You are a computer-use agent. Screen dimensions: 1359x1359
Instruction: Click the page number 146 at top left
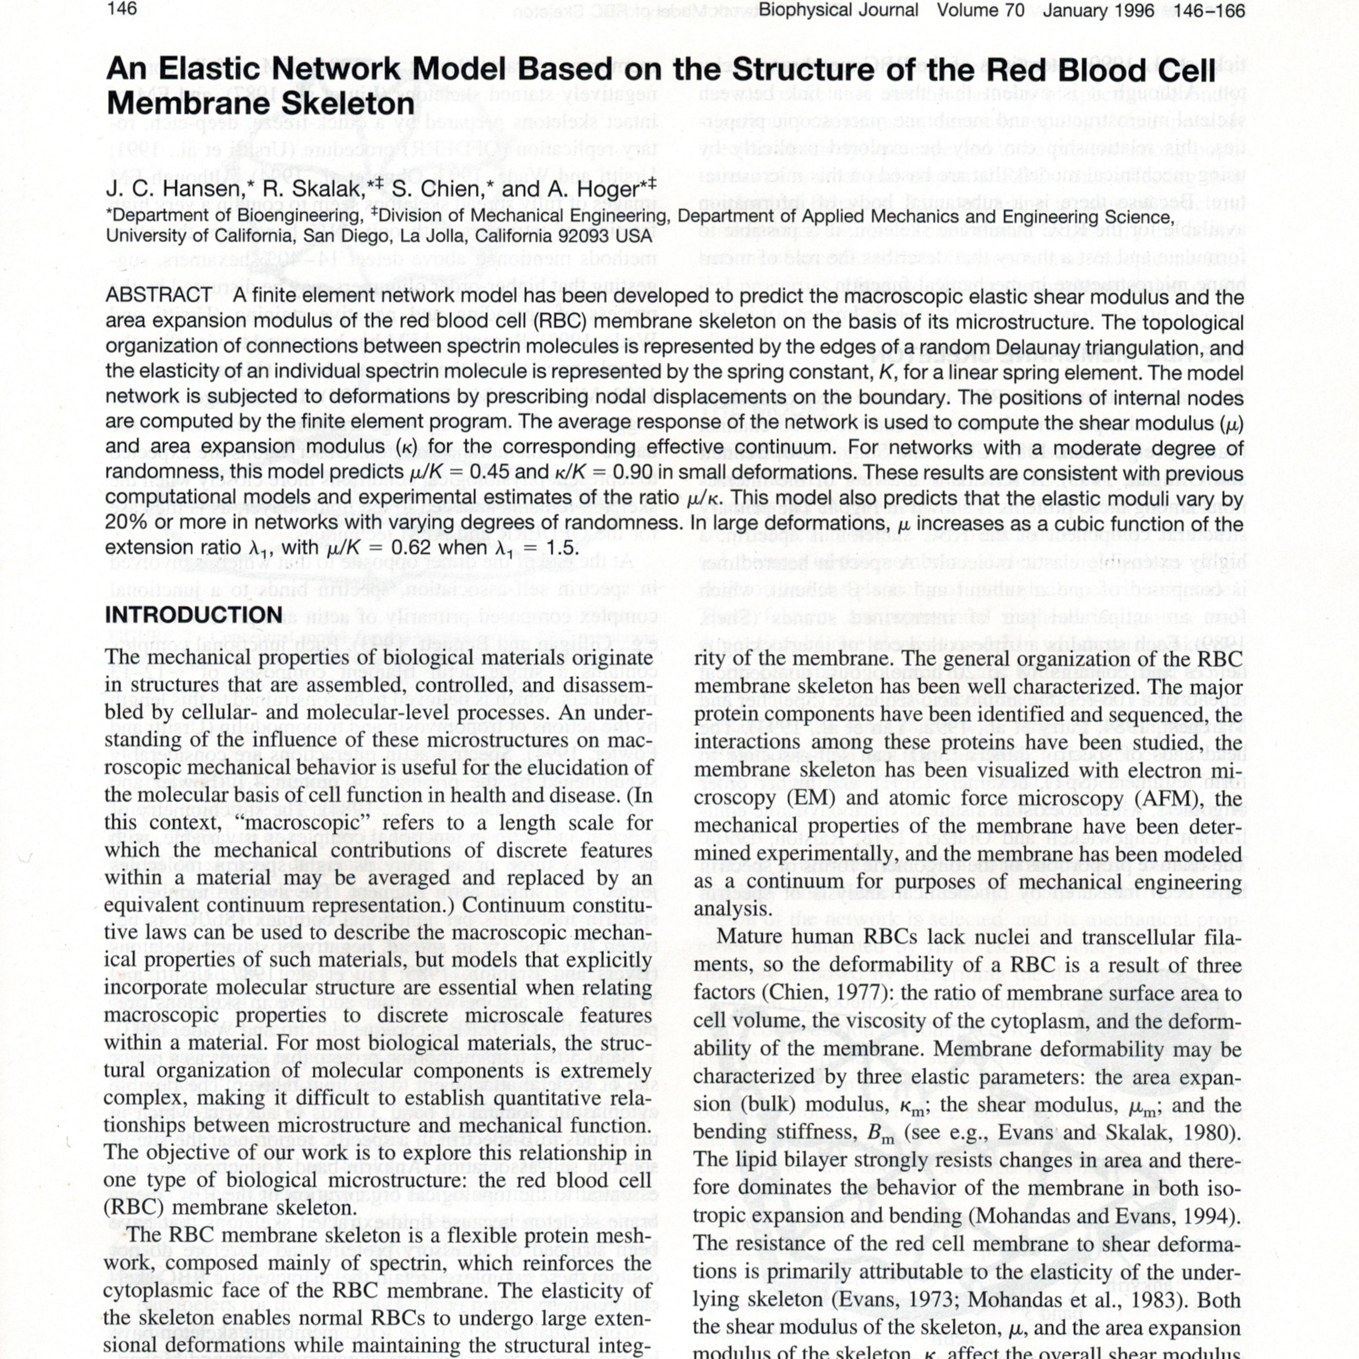[122, 9]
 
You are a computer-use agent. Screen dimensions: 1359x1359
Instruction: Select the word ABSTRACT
[159, 296]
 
